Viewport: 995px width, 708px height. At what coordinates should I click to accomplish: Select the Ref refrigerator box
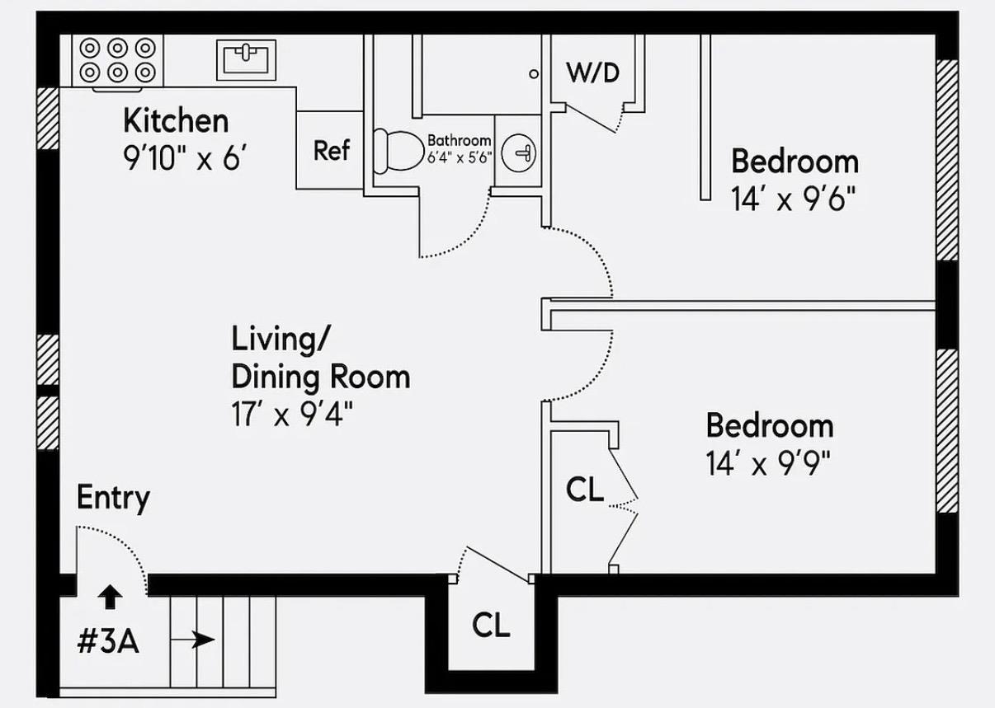click(331, 151)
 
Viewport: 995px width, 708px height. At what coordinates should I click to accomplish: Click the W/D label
click(592, 73)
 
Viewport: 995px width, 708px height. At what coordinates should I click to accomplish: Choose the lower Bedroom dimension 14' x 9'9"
click(767, 465)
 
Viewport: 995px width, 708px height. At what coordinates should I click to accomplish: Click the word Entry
click(113, 499)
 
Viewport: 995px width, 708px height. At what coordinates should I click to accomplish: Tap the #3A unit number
click(108, 642)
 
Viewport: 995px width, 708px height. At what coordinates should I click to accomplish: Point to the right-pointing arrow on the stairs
click(203, 639)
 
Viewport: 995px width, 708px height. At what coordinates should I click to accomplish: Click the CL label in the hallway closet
click(491, 626)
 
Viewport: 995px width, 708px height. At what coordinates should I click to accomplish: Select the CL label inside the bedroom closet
click(585, 490)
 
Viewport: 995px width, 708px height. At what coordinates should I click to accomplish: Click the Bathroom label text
click(459, 141)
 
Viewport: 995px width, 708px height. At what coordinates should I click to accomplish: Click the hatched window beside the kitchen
click(49, 118)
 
